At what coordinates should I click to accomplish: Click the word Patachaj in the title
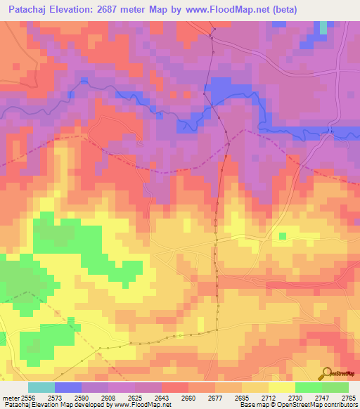point(32,10)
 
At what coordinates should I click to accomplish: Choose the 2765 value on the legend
point(348,398)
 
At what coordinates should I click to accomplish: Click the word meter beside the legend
point(10,398)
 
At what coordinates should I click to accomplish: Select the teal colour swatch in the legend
point(41,387)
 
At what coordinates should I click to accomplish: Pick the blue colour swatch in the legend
point(68,387)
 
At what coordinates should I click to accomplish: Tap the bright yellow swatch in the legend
point(281,387)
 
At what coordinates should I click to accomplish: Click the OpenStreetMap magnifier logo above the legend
point(326,372)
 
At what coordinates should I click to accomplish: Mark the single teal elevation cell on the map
point(323,27)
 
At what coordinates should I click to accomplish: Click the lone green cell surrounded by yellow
point(283,236)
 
